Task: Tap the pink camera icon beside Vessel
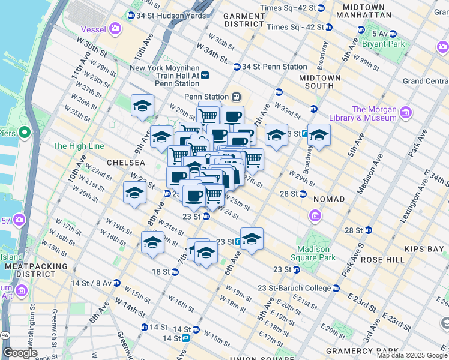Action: [x=115, y=28]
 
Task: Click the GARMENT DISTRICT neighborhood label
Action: [x=244, y=20]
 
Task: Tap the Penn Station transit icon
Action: [x=237, y=97]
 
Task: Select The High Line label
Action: [x=78, y=146]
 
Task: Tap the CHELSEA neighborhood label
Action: [x=126, y=163]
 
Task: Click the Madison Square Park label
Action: [x=314, y=254]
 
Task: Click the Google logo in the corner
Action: [x=20, y=353]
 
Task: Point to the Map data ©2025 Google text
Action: [x=411, y=355]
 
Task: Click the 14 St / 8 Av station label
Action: [x=91, y=283]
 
